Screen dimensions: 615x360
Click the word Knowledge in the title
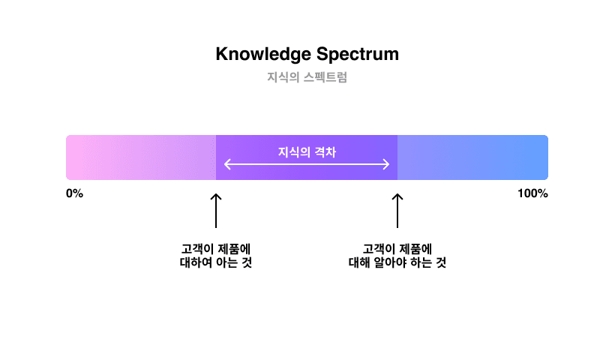[263, 55]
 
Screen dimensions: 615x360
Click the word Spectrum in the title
[358, 55]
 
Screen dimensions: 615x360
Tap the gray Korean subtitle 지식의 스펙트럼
[307, 77]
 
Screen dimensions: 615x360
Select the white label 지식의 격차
[307, 152]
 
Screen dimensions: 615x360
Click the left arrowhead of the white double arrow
[227, 164]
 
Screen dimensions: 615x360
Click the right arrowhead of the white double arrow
[386, 164]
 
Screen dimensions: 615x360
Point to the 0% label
[74, 193]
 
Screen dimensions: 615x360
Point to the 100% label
[532, 193]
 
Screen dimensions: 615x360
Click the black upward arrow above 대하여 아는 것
[216, 211]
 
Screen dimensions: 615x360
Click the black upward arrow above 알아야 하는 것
[397, 211]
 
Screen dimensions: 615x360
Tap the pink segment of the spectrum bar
[141, 157]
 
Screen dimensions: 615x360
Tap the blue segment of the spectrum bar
[472, 157]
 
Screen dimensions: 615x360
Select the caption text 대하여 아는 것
[216, 262]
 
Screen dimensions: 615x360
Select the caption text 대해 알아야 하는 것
[397, 262]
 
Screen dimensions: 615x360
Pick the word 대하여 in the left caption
[196, 262]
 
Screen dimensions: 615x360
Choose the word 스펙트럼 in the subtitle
[325, 77]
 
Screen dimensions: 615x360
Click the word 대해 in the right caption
[359, 262]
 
